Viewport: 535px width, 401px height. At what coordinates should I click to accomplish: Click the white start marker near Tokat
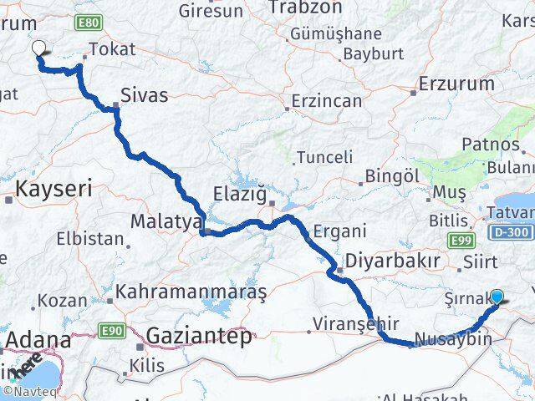[38, 47]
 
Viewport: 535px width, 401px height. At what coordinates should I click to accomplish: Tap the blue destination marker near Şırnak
[497, 296]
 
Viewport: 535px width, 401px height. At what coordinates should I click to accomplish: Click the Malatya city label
[166, 222]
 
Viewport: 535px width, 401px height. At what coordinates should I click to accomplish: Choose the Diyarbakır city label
[392, 261]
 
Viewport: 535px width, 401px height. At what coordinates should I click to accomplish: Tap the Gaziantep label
[198, 337]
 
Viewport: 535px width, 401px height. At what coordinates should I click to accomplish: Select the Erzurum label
[457, 84]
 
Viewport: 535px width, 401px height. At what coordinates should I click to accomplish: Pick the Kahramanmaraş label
[191, 292]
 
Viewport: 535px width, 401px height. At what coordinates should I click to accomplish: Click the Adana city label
[40, 340]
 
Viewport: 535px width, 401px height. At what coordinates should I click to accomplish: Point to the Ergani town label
[339, 231]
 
